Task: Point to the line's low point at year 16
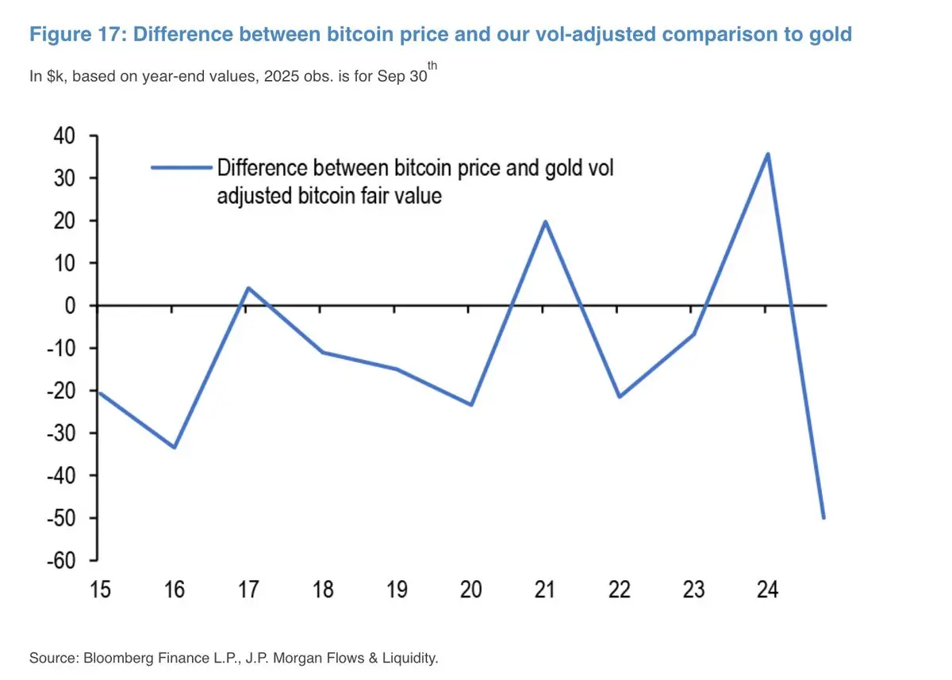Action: point(174,448)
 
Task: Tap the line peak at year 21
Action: point(545,221)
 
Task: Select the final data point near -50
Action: point(824,518)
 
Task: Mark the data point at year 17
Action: point(248,288)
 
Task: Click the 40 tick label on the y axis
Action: point(65,136)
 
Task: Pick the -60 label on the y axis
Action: point(62,560)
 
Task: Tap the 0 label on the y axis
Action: point(70,305)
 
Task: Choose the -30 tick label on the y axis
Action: point(62,433)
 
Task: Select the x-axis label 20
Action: point(471,590)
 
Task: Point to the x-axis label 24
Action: point(767,590)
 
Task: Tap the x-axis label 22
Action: point(620,590)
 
